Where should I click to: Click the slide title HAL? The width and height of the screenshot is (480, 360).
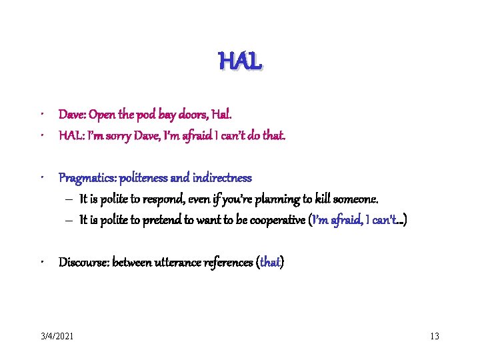click(x=240, y=62)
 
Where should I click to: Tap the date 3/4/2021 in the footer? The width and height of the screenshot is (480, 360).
click(x=57, y=336)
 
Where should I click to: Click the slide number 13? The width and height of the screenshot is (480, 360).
click(x=435, y=336)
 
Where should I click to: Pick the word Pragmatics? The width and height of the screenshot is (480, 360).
click(x=85, y=178)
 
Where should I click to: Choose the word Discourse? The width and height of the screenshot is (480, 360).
click(x=83, y=262)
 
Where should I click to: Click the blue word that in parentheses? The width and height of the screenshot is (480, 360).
click(x=270, y=262)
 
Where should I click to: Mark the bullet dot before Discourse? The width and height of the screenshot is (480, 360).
click(x=42, y=262)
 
